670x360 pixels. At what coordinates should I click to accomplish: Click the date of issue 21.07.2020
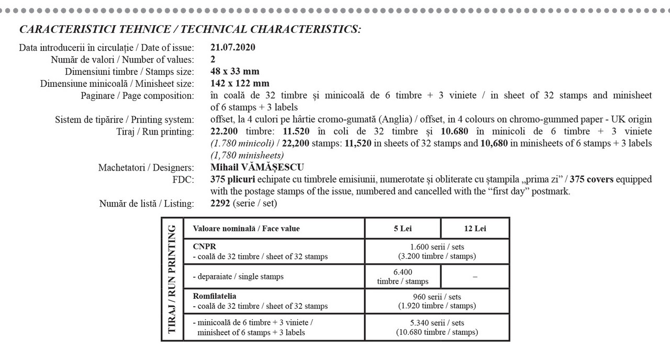[x=232, y=48]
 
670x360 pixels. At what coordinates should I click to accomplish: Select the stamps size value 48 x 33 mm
[x=234, y=72]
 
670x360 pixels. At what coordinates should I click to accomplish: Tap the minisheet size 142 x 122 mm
[x=240, y=84]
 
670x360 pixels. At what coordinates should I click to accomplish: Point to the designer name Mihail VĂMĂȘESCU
[x=257, y=168]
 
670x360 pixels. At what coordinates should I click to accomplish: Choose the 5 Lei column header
[x=403, y=228]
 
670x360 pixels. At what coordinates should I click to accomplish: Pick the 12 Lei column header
[x=475, y=228]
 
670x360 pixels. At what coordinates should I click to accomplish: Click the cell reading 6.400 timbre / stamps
[x=403, y=276]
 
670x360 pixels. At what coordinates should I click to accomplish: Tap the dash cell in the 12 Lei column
[x=475, y=277]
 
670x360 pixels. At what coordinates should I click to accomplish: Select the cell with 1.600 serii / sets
[x=437, y=251]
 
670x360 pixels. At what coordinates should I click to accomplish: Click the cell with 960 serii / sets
[x=437, y=301]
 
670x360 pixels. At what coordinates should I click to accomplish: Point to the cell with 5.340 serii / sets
[x=437, y=328]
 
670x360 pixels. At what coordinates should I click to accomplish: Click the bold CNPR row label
[x=204, y=246]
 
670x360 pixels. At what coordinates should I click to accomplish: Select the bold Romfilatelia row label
[x=215, y=296]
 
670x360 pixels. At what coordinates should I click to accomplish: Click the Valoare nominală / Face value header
[x=246, y=228]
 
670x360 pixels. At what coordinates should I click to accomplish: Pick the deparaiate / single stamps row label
[x=238, y=276]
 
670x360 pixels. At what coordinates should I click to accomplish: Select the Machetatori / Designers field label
[x=146, y=168]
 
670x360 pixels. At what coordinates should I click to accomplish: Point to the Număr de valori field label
[x=122, y=60]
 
